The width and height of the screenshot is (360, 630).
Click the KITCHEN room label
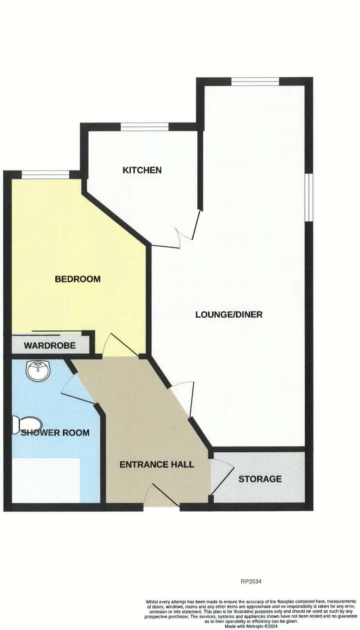[142, 170]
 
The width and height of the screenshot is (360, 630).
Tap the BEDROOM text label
[78, 279]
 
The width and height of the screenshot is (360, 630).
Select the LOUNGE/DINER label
[229, 315]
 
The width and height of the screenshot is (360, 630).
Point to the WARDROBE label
[50, 345]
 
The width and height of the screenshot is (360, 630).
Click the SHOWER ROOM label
[55, 432]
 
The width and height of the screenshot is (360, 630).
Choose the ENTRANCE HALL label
[157, 464]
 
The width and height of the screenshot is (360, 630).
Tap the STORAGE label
[260, 479]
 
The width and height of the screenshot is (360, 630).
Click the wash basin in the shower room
[39, 370]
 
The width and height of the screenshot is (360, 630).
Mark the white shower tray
[46, 481]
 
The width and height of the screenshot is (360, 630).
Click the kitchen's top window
[144, 127]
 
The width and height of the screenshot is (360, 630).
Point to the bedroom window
[45, 174]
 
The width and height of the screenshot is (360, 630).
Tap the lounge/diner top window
[255, 81]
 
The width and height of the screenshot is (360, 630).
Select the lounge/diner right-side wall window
[309, 197]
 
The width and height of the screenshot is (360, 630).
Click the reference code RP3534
[251, 582]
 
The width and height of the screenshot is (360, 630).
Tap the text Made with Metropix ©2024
[251, 626]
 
